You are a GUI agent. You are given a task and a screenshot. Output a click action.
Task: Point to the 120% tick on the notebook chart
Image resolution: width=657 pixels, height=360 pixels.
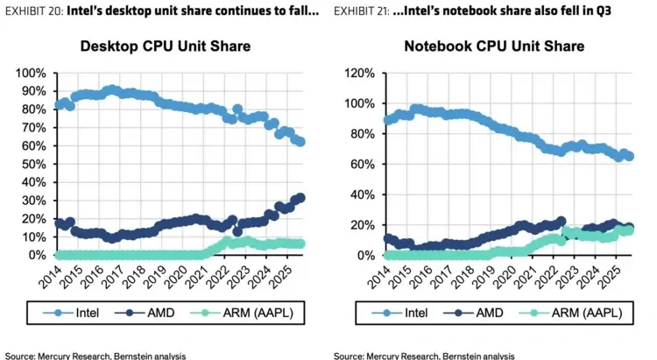point(359,73)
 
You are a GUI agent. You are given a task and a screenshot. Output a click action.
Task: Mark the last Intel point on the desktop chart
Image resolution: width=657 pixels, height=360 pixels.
point(300,141)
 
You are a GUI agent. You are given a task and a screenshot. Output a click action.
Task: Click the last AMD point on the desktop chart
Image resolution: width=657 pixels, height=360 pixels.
point(300,198)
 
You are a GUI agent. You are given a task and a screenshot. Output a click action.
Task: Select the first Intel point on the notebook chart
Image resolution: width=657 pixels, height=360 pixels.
point(388,121)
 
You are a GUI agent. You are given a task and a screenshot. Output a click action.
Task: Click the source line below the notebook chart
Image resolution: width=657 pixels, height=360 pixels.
point(423,356)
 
